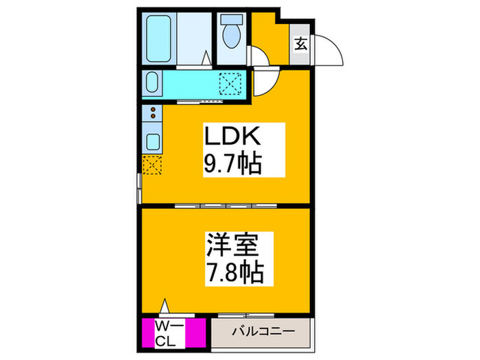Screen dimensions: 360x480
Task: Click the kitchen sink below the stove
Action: [152, 143]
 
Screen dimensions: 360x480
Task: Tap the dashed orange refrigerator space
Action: [152, 165]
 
